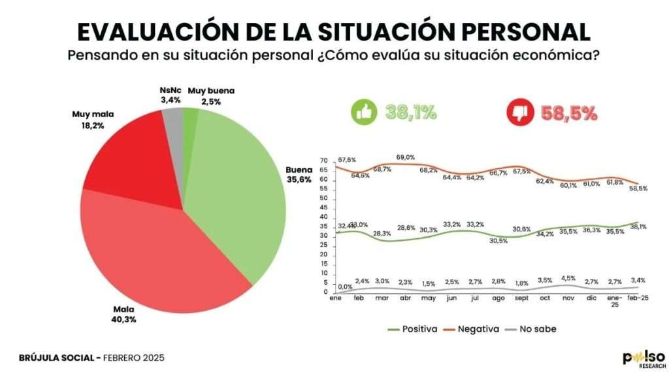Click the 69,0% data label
coord(406,158)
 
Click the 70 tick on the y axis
coord(324,161)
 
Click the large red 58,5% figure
coord(569,113)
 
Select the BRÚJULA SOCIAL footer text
coord(59,358)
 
